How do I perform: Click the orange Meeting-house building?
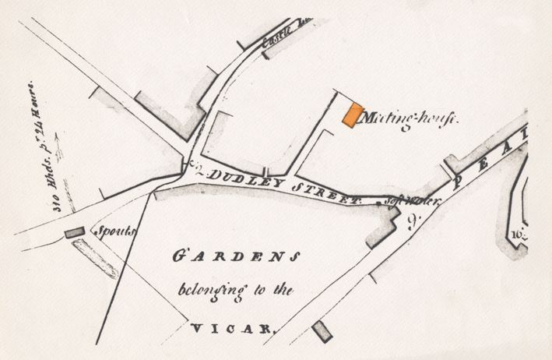point(351,115)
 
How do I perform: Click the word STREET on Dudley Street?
point(328,193)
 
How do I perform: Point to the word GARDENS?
point(234,256)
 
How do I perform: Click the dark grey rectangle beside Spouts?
point(74,231)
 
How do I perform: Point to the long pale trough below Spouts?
point(96,258)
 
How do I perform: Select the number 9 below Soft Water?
point(413,223)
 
